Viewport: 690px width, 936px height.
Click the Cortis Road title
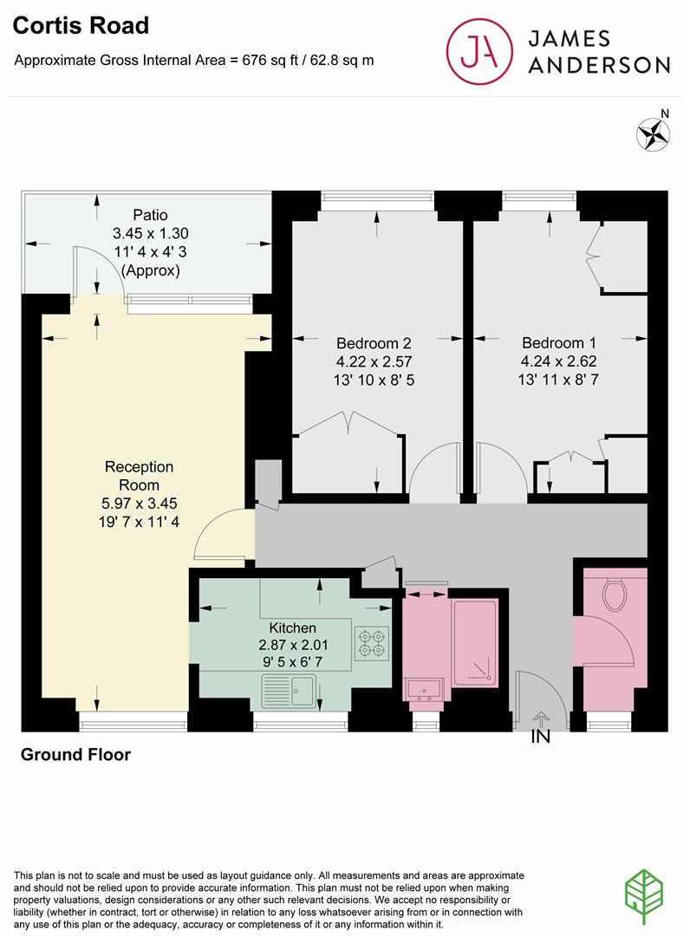click(x=81, y=26)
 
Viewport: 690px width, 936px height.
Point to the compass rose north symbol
click(x=655, y=133)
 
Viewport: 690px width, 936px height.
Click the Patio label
click(x=150, y=214)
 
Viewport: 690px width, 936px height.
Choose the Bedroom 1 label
click(x=558, y=342)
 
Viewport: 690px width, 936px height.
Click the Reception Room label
click(x=139, y=476)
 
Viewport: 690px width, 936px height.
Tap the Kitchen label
click(x=293, y=627)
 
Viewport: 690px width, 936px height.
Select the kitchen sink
click(x=291, y=692)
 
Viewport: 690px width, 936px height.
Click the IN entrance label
click(x=541, y=738)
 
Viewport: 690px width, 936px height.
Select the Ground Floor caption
click(x=75, y=755)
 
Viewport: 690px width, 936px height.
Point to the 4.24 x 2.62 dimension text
click(x=558, y=361)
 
